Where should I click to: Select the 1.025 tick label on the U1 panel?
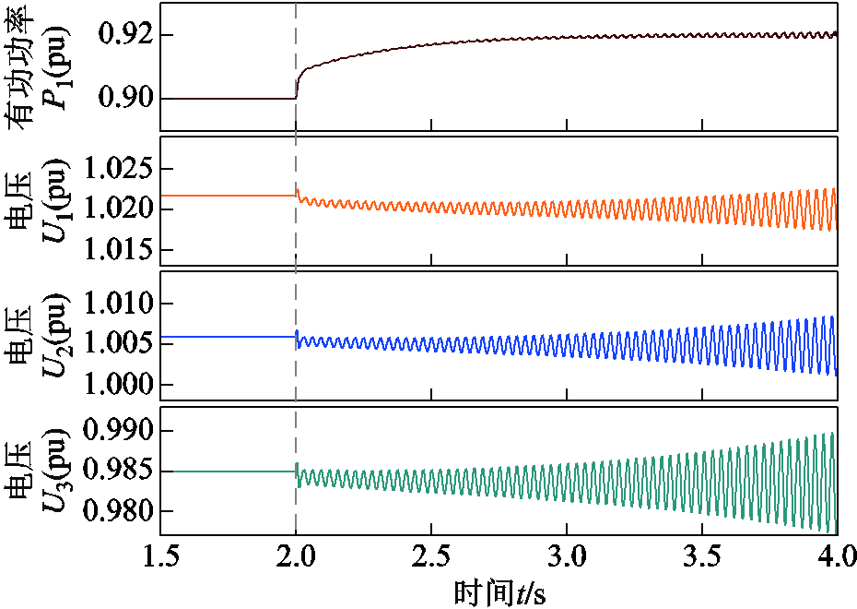pyautogui.click(x=116, y=170)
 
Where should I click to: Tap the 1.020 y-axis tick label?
pyautogui.click(x=116, y=209)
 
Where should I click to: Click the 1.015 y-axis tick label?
pyautogui.click(x=116, y=250)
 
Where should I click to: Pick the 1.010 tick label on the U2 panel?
pyautogui.click(x=116, y=304)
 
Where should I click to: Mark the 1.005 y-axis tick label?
pyautogui.click(x=116, y=344)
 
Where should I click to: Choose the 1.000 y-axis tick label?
pyautogui.click(x=116, y=385)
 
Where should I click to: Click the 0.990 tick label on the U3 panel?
pyautogui.click(x=116, y=431)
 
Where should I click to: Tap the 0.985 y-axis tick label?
pyautogui.click(x=116, y=472)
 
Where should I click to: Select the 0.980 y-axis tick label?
pyautogui.click(x=116, y=511)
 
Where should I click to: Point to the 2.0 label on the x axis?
pyautogui.click(x=296, y=558)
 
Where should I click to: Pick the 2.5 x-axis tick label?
pyautogui.click(x=430, y=558)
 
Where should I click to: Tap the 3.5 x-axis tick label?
pyautogui.click(x=701, y=558)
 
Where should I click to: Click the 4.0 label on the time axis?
pyautogui.click(x=835, y=558)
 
